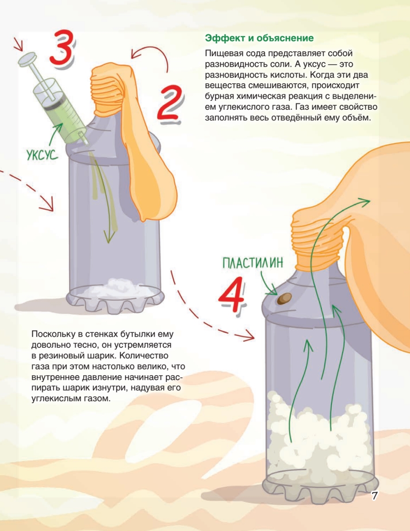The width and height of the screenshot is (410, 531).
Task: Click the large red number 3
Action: click(61, 48)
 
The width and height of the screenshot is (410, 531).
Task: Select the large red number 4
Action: click(231, 294)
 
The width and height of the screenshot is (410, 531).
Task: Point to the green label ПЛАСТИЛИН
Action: click(253, 262)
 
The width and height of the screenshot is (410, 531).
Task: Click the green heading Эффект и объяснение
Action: click(259, 38)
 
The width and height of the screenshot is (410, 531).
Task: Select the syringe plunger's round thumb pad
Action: click(27, 59)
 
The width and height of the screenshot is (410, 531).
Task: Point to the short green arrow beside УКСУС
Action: click(56, 135)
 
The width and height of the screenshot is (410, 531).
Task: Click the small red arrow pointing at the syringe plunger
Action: click(18, 45)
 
